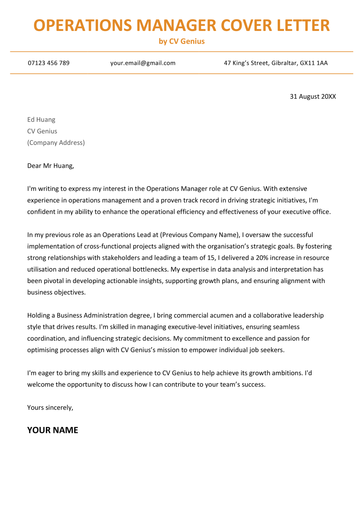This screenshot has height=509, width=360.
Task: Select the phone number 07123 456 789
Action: [x=48, y=63]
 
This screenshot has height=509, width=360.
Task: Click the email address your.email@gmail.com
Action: [x=143, y=63]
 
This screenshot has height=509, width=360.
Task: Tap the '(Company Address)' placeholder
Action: [x=55, y=143]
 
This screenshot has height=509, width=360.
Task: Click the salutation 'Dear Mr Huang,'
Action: [x=51, y=165]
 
